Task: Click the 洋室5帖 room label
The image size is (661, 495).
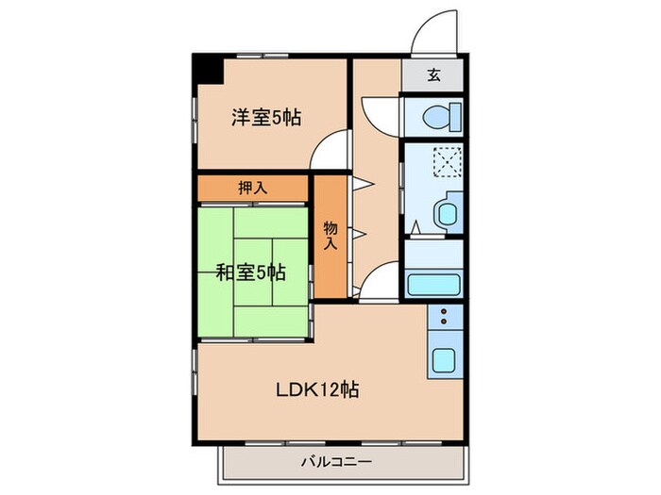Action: (x=266, y=119)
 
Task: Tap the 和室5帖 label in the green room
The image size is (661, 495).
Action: (x=251, y=272)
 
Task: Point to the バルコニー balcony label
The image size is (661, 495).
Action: (x=337, y=461)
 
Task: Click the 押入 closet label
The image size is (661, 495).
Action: (x=252, y=188)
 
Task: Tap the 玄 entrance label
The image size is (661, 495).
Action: (x=432, y=77)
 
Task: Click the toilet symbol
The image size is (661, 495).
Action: (x=439, y=118)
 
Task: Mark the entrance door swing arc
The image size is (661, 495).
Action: (x=432, y=30)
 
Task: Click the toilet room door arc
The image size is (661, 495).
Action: (x=382, y=110)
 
